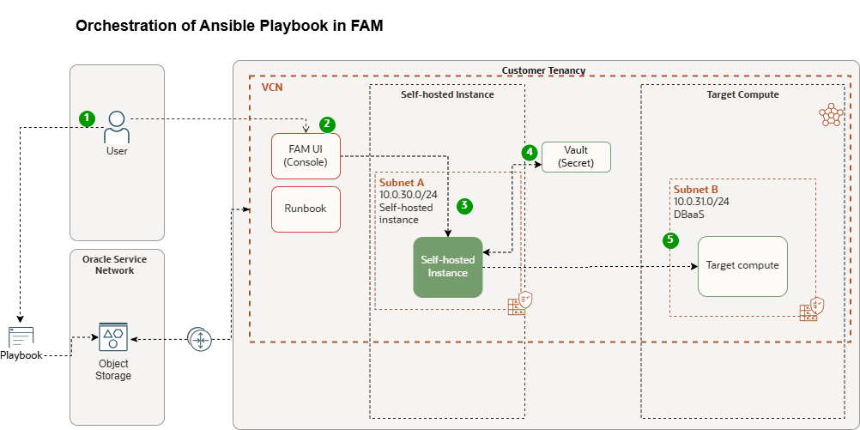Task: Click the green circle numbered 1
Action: pos(87,119)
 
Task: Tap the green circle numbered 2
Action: pos(327,124)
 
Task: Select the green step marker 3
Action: pos(464,206)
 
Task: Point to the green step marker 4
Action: pos(530,151)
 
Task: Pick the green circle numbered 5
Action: pos(670,239)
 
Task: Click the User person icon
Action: pos(117,129)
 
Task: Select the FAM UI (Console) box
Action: pos(306,156)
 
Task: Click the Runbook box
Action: pos(306,209)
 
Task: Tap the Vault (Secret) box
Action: pos(576,157)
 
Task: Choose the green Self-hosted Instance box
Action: pos(447,267)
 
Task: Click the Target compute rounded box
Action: pos(742,266)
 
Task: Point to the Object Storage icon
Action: pos(113,338)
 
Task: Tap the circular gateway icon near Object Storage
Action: pos(200,340)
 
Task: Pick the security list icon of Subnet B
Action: pos(812,309)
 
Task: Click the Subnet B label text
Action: pos(695,189)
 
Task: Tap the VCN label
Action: pos(272,87)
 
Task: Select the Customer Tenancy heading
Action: pos(543,70)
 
